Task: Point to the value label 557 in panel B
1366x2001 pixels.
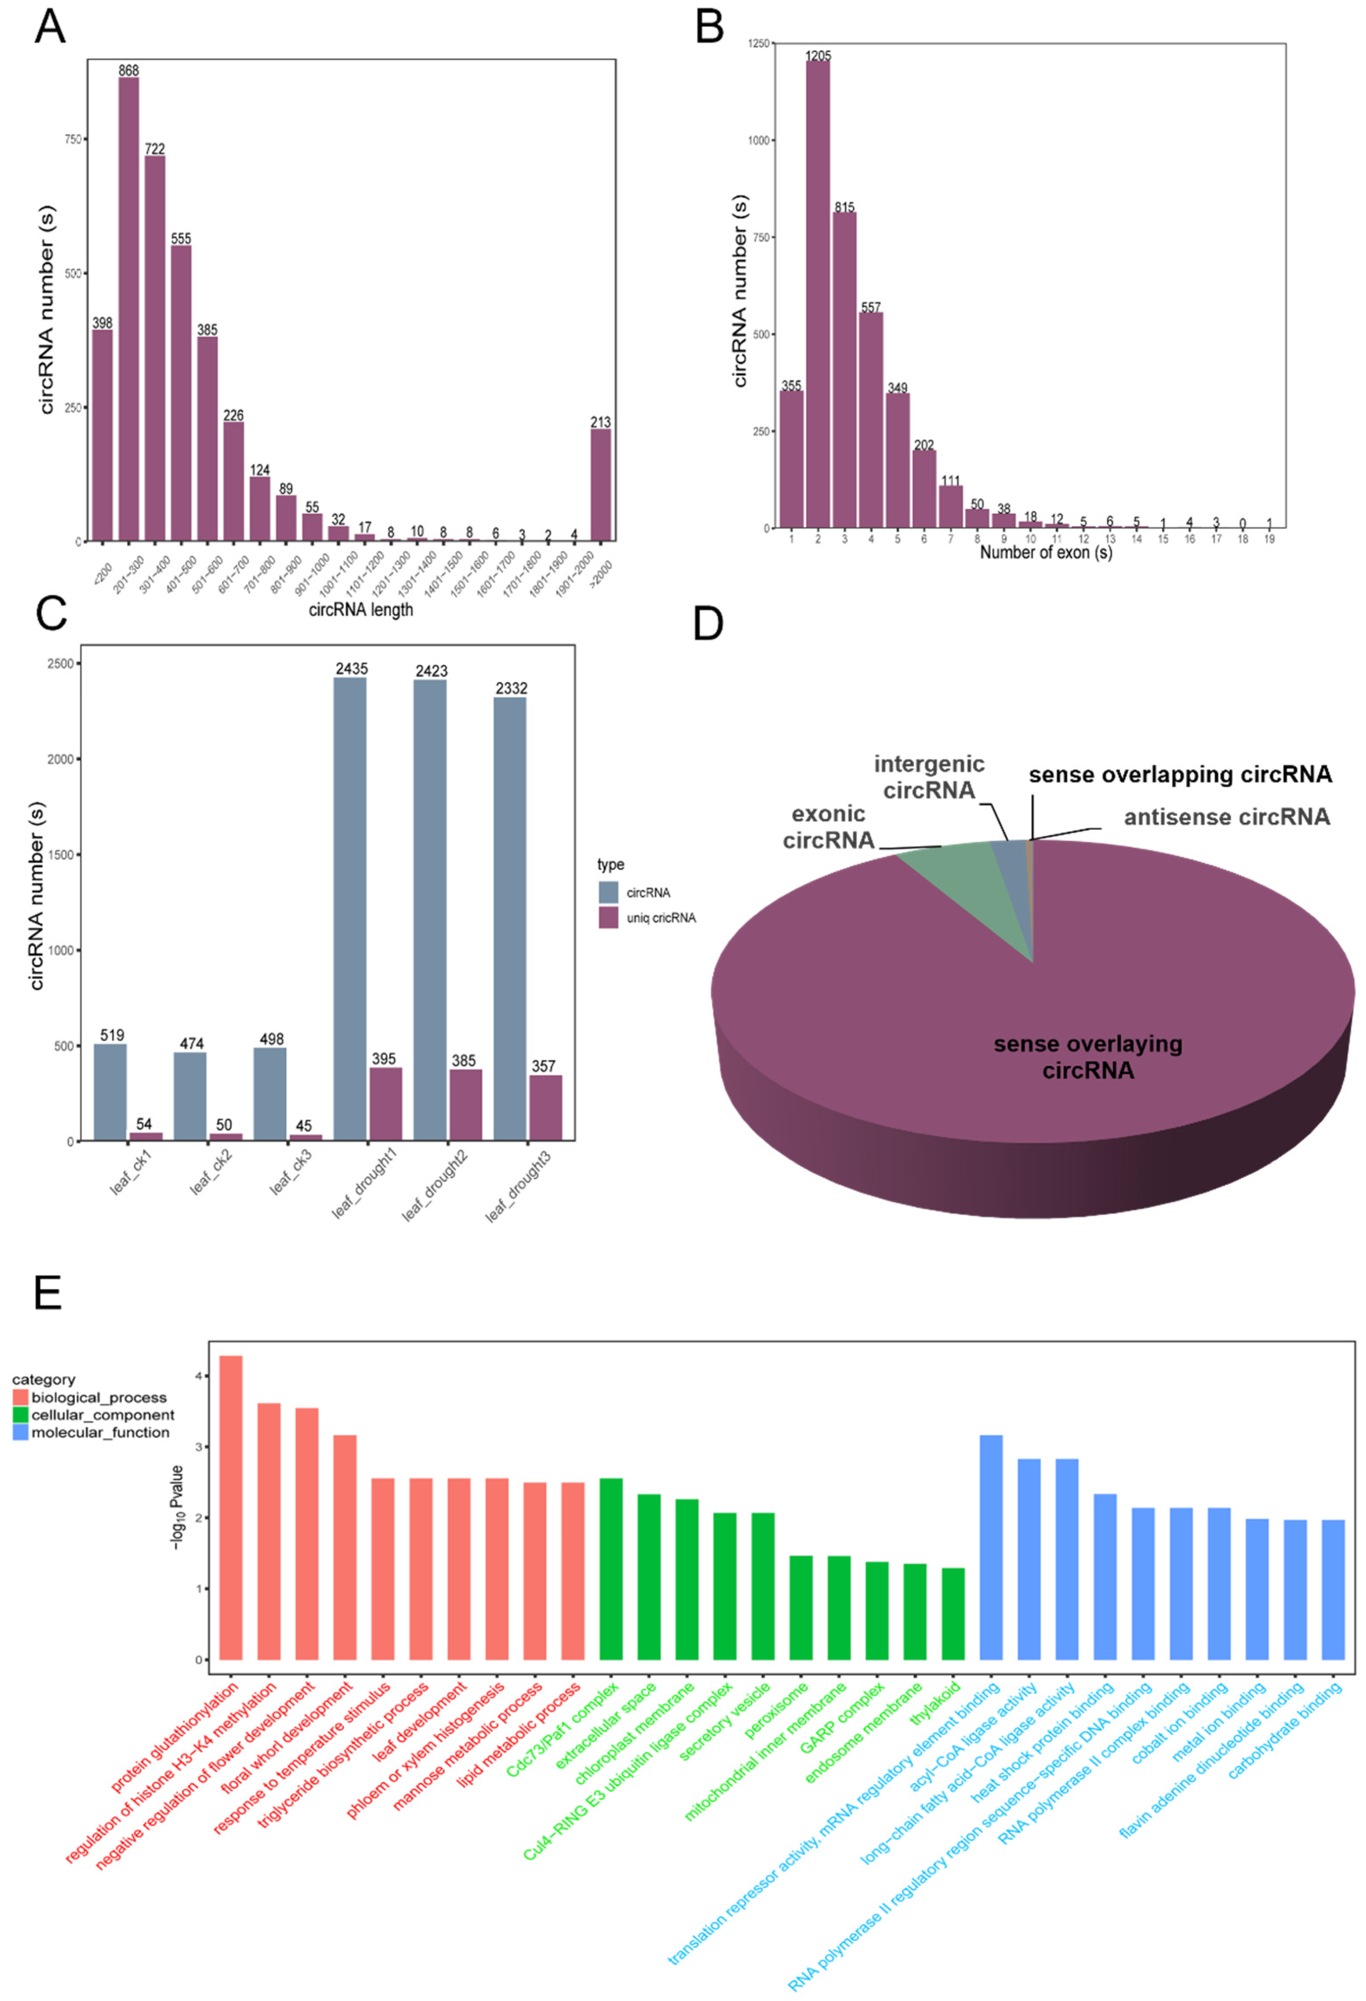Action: tap(870, 307)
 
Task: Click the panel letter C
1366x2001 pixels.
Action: tap(52, 614)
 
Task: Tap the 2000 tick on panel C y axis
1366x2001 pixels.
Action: tap(64, 759)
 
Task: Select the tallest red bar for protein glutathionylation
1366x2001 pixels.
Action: tap(231, 1507)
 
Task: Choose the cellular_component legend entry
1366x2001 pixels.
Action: tap(101, 1414)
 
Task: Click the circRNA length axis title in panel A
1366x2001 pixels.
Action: tap(361, 610)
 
